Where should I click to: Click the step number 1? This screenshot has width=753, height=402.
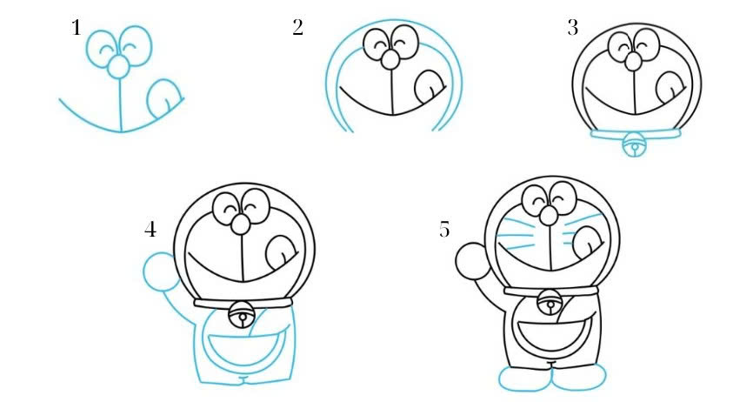click(77, 29)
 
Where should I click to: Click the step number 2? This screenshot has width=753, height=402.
click(297, 29)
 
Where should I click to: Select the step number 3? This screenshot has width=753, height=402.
click(572, 29)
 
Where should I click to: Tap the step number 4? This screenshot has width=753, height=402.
click(150, 230)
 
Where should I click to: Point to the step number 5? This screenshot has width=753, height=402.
click(445, 230)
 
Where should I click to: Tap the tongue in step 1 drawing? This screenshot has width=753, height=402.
click(163, 98)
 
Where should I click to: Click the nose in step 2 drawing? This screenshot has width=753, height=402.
click(392, 59)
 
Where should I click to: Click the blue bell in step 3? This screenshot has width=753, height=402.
click(635, 147)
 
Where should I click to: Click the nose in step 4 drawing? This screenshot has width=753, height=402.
click(241, 224)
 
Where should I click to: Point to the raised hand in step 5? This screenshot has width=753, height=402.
click(471, 259)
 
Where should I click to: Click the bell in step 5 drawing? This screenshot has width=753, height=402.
click(550, 304)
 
